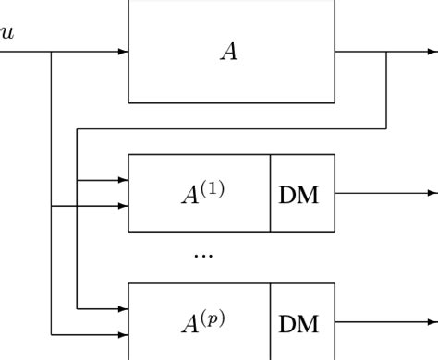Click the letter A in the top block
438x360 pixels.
(228, 52)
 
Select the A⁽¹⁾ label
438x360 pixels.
(202, 193)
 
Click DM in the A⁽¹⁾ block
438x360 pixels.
(299, 195)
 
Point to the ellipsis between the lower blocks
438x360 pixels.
(202, 254)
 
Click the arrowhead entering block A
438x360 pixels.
(122, 52)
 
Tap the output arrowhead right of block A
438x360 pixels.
(432, 52)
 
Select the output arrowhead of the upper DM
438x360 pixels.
(432, 194)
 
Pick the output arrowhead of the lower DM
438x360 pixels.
(432, 322)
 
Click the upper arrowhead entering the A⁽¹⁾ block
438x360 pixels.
(122, 180)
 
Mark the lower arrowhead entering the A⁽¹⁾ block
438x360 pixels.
(122, 206)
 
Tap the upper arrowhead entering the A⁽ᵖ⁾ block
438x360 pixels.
(122, 308)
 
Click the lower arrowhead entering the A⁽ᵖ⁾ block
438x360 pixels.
(122, 334)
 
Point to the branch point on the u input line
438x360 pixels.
(52, 52)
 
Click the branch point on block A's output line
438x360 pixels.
(386, 52)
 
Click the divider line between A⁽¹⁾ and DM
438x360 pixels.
(270, 193)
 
